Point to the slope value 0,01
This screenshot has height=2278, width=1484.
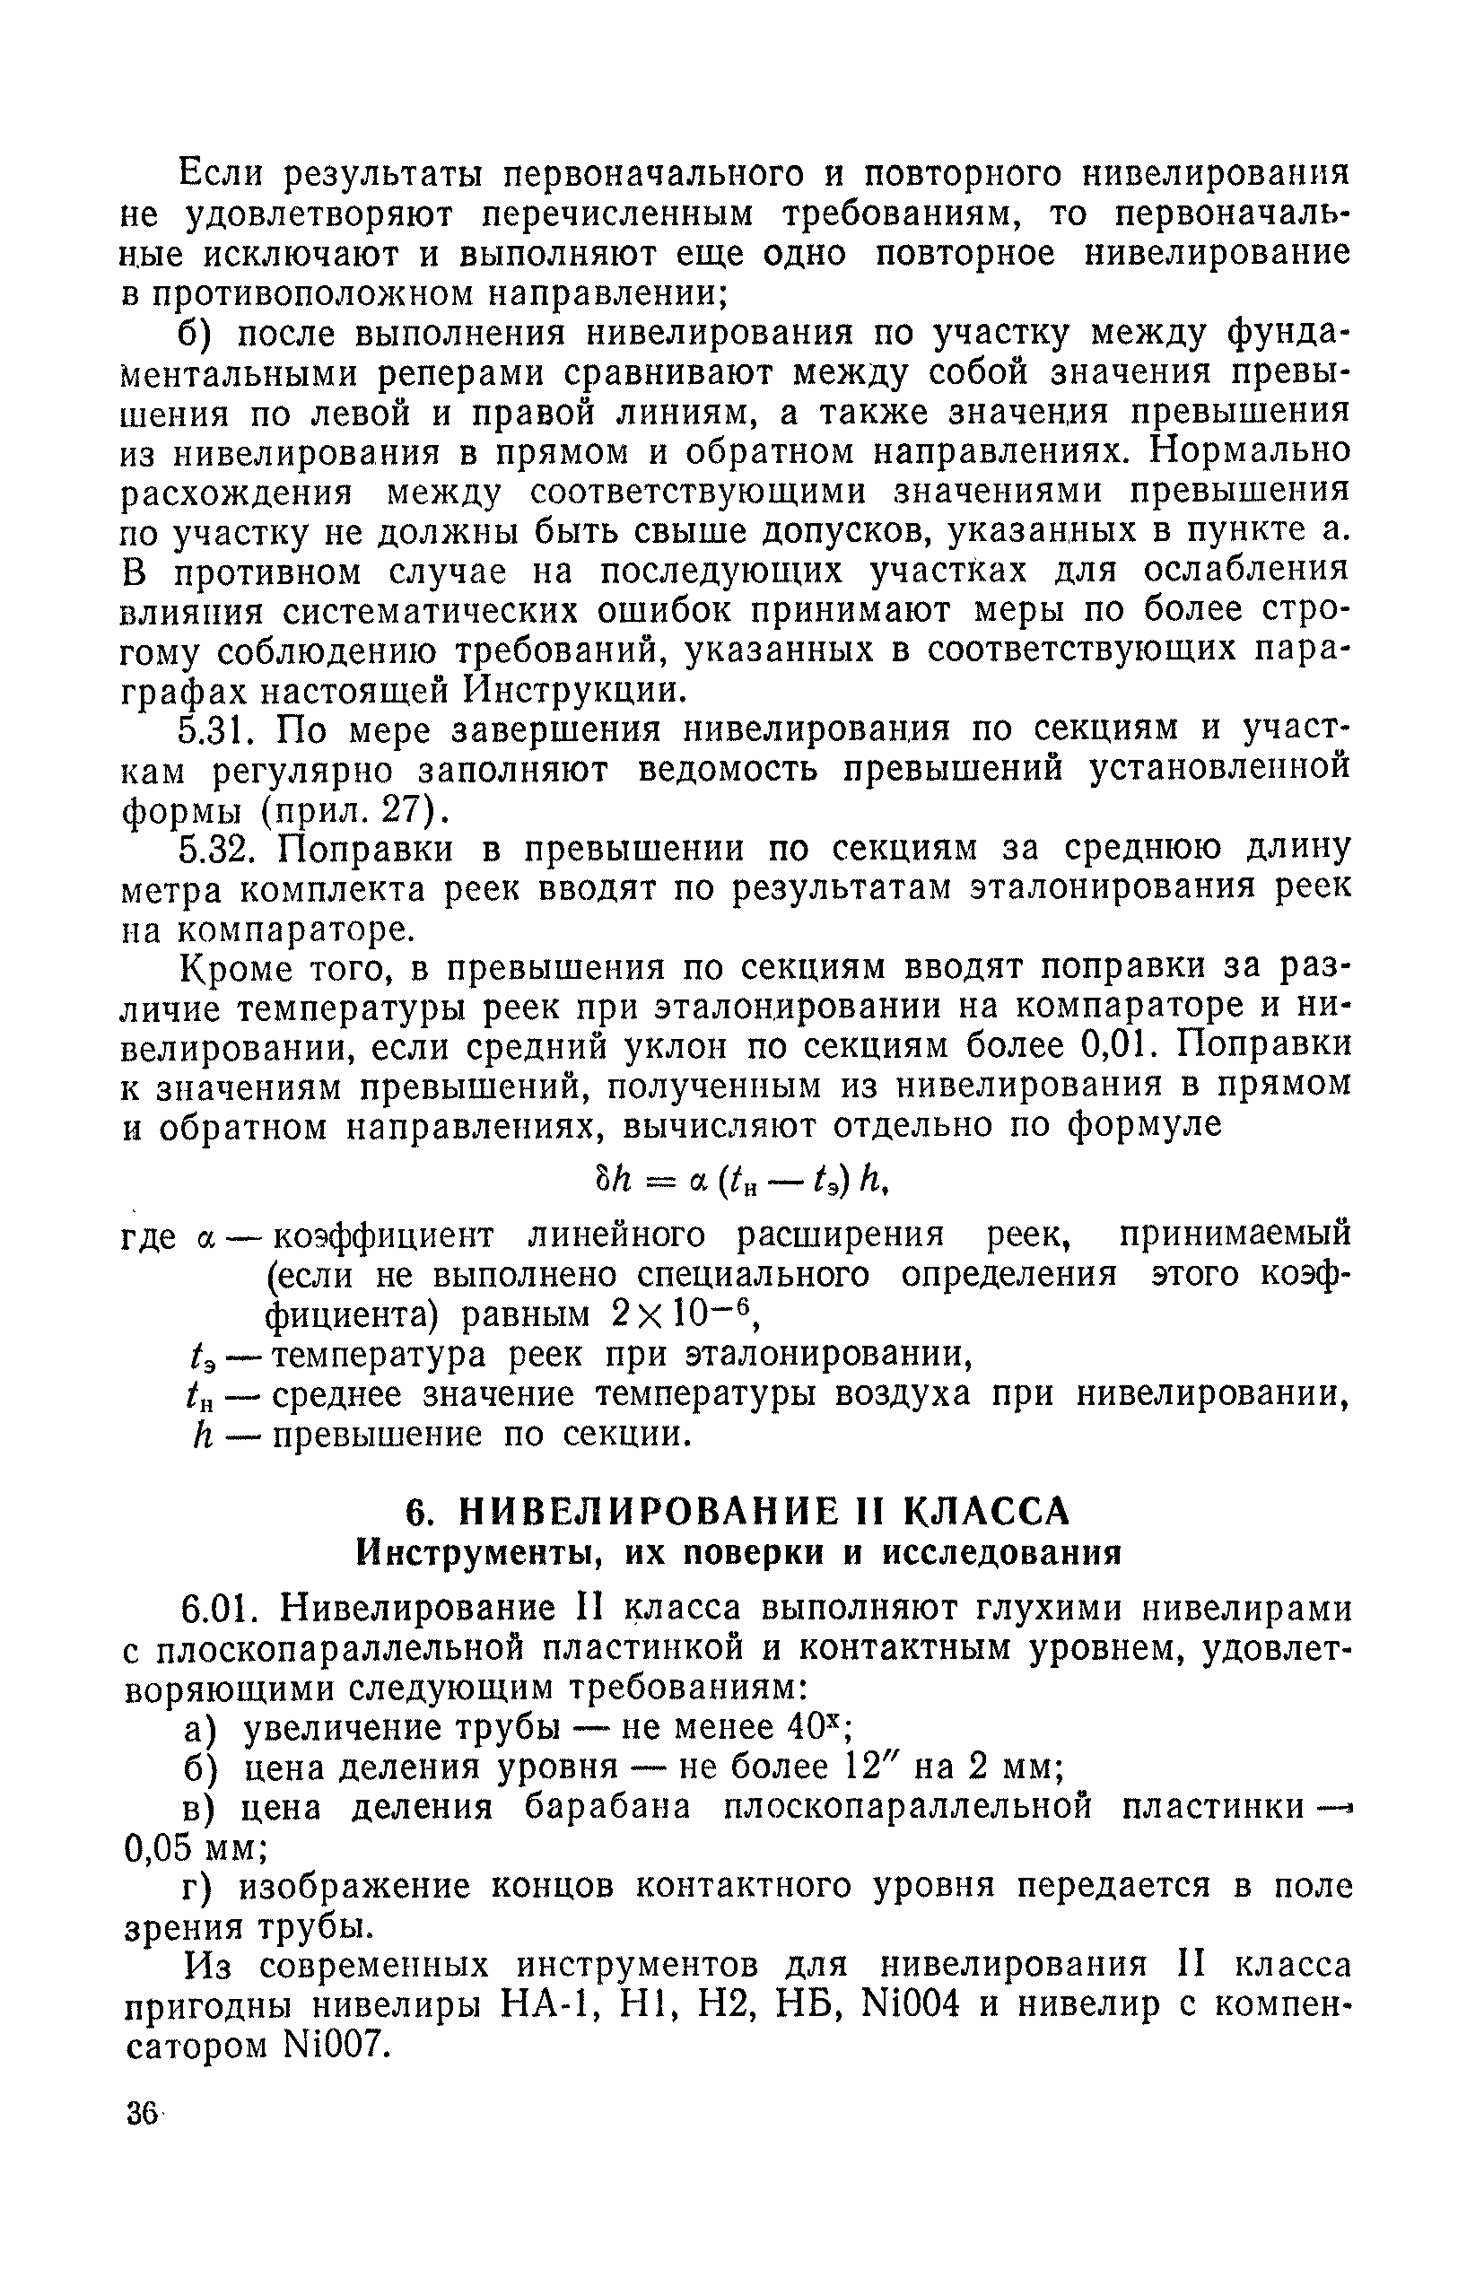[1113, 1045]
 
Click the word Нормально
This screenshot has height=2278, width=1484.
[1252, 449]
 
